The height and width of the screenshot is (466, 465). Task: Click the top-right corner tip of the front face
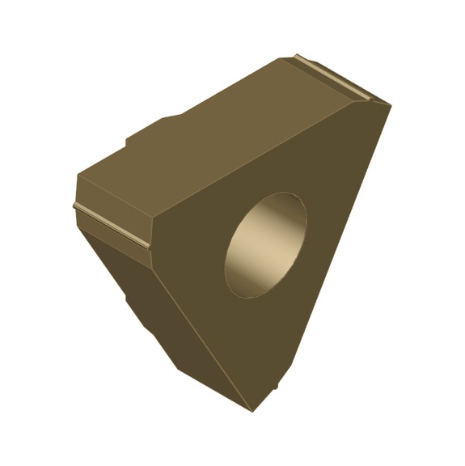click(x=389, y=104)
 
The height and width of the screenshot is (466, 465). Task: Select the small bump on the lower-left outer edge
click(x=127, y=301)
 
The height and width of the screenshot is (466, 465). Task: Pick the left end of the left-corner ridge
click(x=75, y=206)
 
